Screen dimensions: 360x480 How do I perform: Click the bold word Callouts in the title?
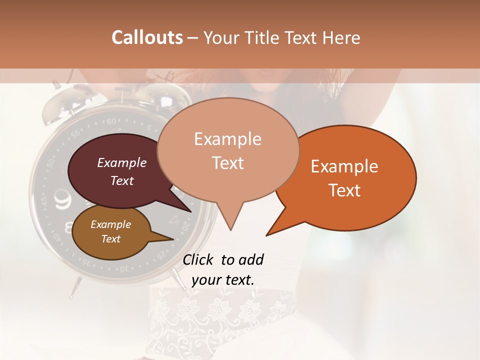[147, 37]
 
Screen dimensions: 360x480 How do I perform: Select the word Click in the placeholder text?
[199, 259]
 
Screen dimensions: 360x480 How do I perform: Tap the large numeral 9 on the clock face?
[63, 200]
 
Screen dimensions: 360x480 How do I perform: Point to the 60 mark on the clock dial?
[111, 121]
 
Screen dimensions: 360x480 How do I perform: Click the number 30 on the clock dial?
[123, 268]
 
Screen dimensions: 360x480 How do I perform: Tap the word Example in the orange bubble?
[344, 166]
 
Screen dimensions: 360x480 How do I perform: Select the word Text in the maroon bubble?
[121, 180]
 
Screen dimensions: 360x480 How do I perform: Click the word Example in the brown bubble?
[110, 224]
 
